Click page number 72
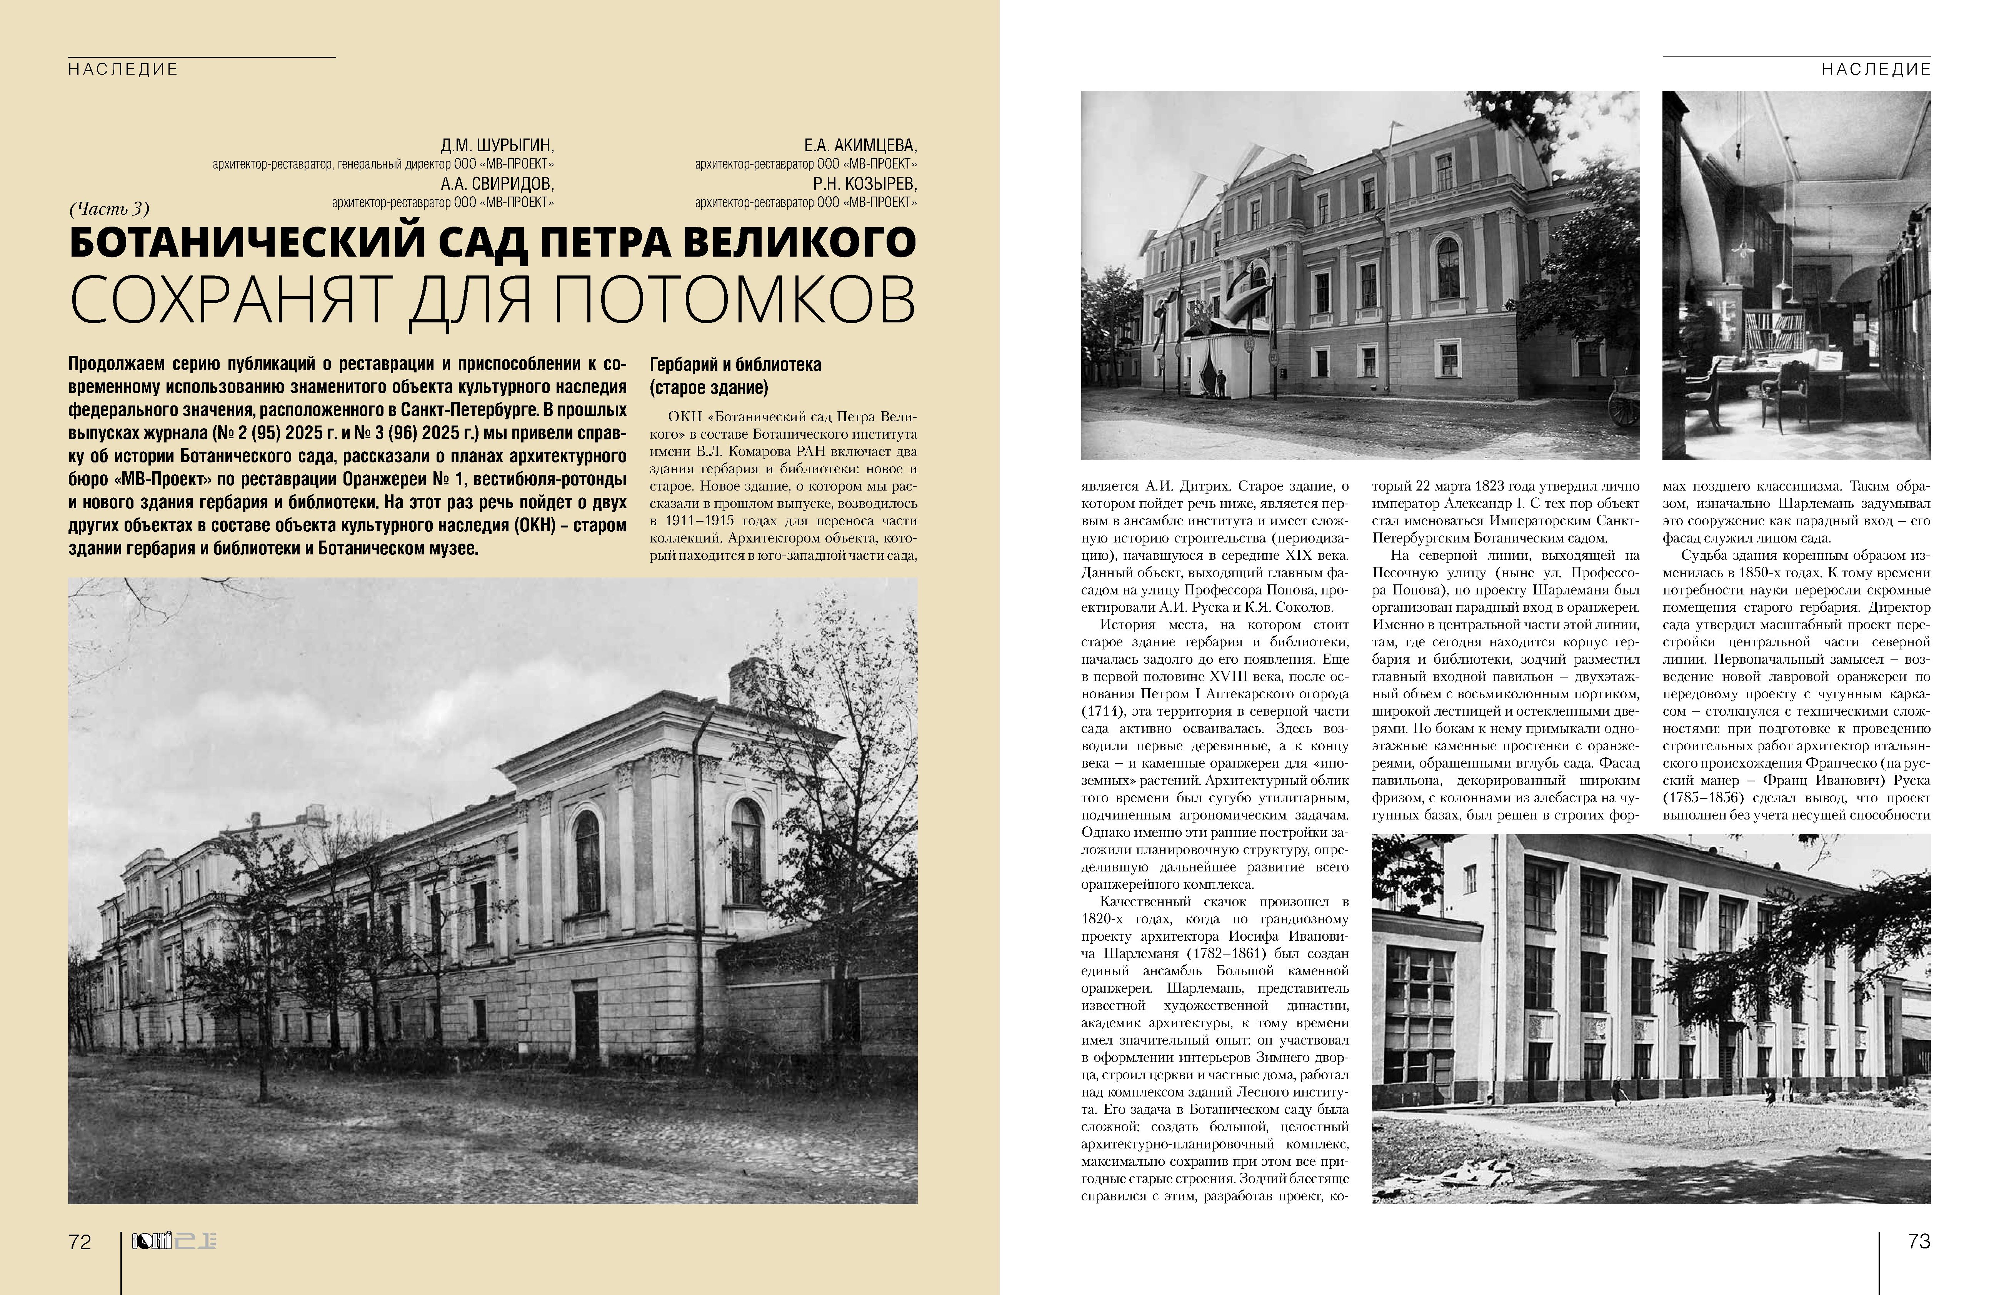80,1242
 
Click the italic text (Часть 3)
109,209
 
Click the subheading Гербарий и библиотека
735,365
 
